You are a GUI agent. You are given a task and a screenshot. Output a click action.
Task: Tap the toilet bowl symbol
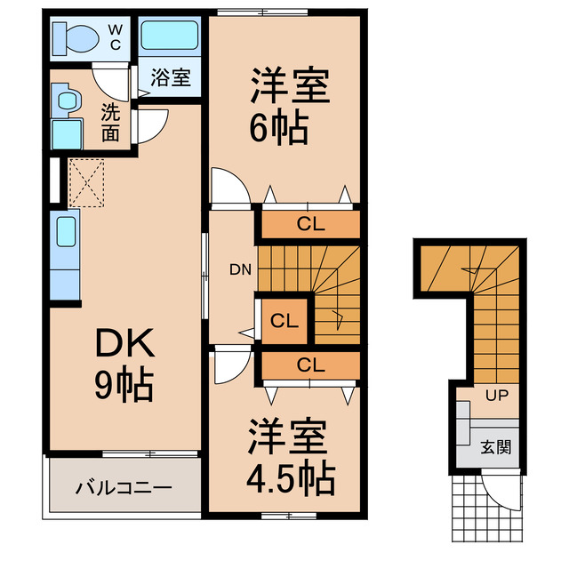[x=76, y=38]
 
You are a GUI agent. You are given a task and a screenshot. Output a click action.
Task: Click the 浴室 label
[x=170, y=77]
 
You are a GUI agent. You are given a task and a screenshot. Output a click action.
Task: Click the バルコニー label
[x=124, y=487]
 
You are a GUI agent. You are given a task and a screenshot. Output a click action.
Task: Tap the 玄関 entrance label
[x=496, y=447]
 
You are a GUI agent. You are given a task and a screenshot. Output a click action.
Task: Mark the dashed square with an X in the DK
[x=86, y=182]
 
